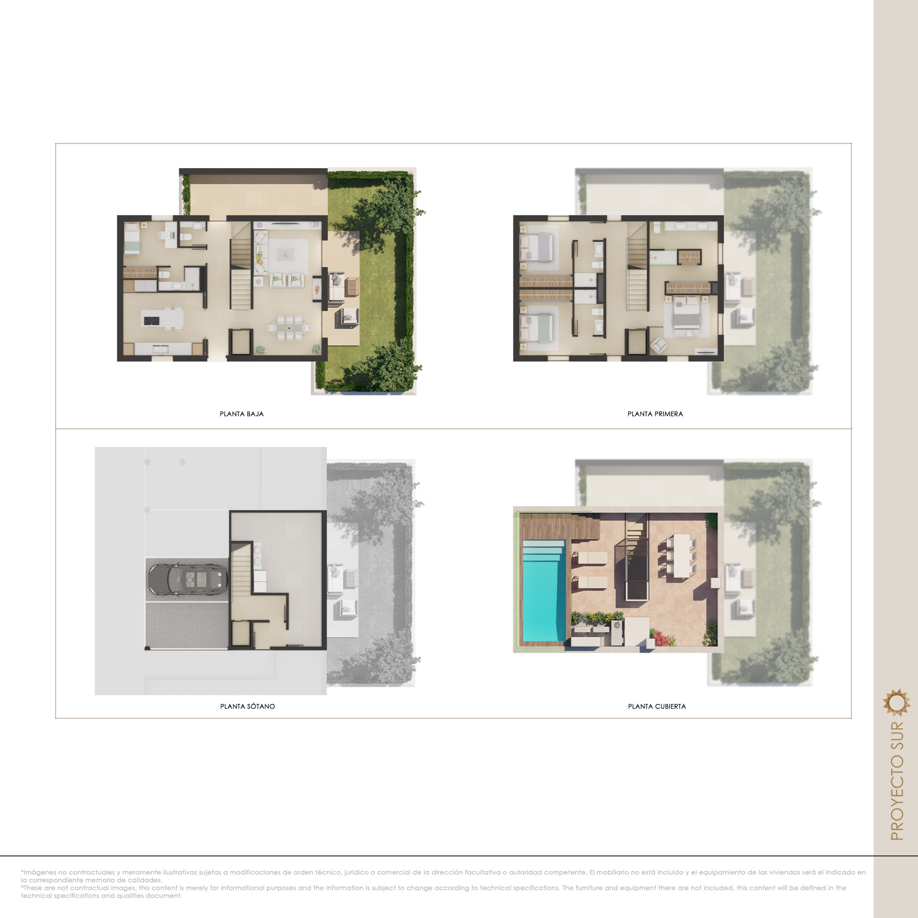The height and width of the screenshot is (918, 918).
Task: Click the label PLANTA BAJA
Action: [x=241, y=414]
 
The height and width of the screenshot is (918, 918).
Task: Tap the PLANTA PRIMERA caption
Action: [x=655, y=414]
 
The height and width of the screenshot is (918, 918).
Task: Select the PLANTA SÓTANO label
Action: [x=247, y=706]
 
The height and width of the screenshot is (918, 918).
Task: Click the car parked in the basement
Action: [x=187, y=579]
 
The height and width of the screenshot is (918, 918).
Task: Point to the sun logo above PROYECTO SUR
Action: [x=896, y=702]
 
